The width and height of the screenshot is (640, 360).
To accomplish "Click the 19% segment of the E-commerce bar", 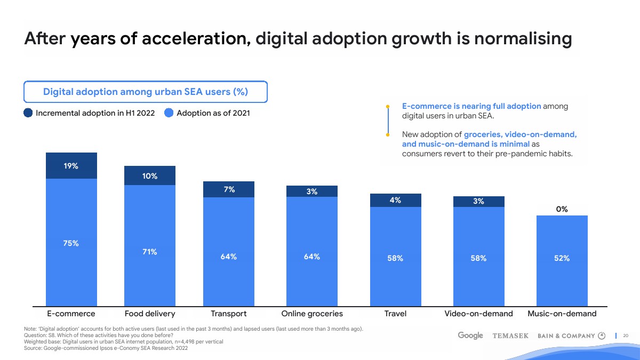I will click(71, 166).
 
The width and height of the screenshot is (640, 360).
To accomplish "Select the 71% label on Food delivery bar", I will click(149, 252).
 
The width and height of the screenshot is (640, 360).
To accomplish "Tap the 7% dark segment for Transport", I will click(229, 189).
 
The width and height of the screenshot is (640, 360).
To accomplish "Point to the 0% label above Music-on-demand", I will click(562, 210).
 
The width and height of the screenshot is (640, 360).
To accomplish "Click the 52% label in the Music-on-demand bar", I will click(562, 258).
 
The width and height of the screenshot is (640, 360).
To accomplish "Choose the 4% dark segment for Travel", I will click(395, 200).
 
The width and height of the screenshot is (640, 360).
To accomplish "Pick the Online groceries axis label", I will click(312, 314).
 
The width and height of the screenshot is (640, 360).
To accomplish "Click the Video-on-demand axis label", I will click(478, 314).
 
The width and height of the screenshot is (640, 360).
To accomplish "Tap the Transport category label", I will click(229, 314).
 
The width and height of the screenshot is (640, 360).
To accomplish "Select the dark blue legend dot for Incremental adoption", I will click(29, 113).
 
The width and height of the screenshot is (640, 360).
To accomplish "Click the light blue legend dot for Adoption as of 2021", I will click(169, 113).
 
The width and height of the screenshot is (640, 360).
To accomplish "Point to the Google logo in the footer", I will click(470, 335).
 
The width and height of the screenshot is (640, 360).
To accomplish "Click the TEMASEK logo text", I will click(510, 336).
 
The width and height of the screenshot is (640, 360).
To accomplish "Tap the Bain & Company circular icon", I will click(602, 335).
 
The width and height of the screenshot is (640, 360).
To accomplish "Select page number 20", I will click(626, 335).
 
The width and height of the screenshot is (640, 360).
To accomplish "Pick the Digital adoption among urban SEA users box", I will click(145, 92).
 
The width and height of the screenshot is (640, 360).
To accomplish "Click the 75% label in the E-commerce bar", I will click(71, 243).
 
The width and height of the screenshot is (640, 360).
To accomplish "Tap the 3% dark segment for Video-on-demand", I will click(478, 201).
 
